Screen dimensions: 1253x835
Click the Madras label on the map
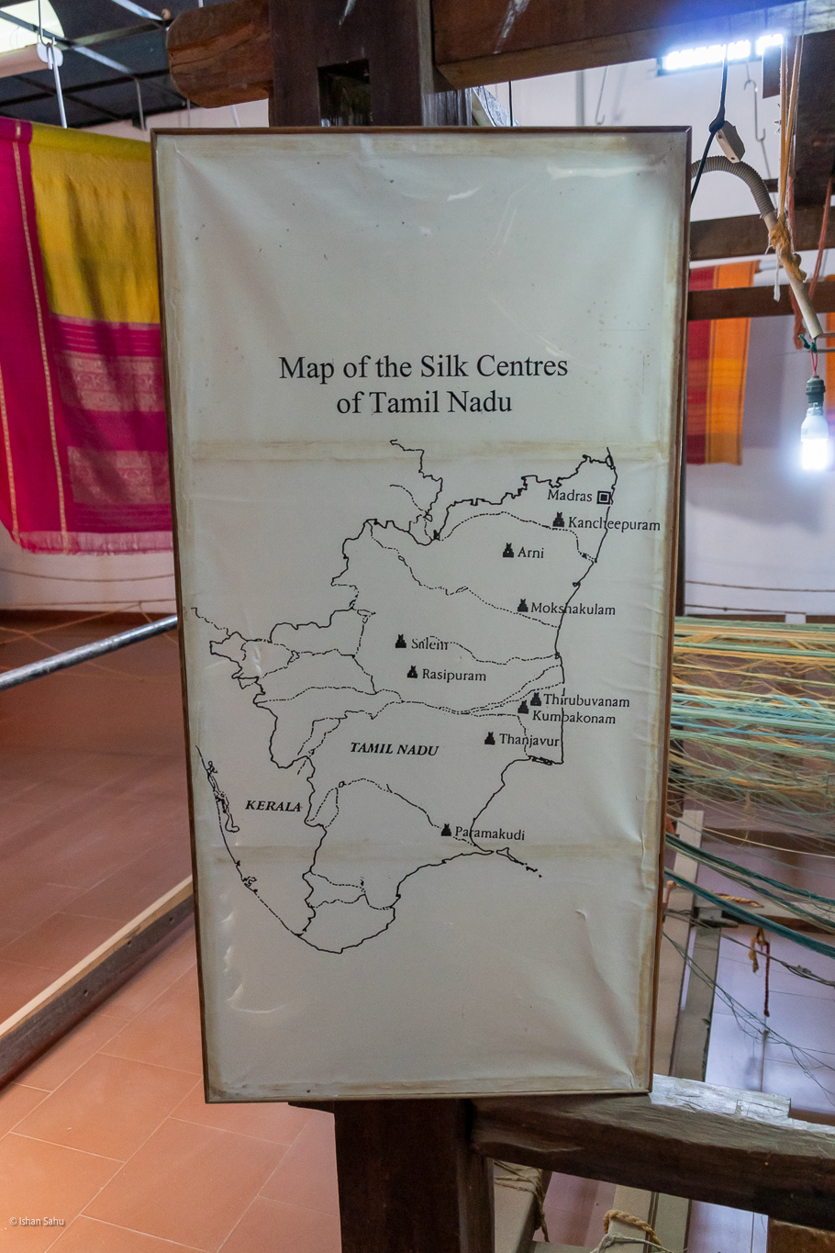point(570,496)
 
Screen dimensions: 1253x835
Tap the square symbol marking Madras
point(604,497)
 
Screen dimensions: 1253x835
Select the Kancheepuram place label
point(613,524)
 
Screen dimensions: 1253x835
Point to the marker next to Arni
point(508,551)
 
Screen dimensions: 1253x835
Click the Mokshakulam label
point(573,609)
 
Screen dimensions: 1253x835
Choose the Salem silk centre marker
point(400,642)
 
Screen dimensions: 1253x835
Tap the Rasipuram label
point(453,675)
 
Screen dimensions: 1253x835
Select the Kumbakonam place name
point(573,717)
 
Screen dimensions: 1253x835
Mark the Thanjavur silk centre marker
point(490,738)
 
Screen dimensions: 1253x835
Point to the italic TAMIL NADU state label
point(394,749)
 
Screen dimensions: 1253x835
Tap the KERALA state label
point(273,806)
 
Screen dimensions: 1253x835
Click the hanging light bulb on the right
point(814,431)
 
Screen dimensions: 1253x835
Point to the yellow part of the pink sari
point(92,229)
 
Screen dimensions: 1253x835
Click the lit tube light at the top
point(720,54)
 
